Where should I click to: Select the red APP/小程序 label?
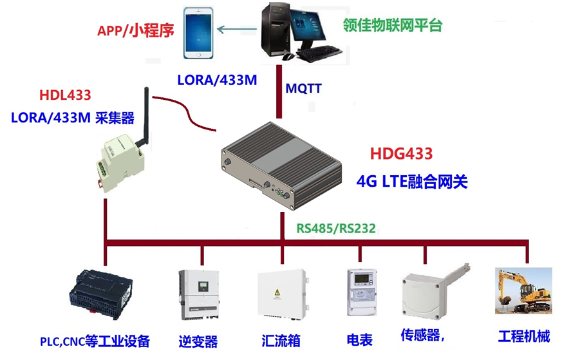click(x=136, y=30)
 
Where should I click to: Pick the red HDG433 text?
click(x=401, y=155)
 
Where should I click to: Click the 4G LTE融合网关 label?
click(x=411, y=182)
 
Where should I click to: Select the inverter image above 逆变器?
click(x=198, y=294)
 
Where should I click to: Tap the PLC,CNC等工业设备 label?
click(x=95, y=340)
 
